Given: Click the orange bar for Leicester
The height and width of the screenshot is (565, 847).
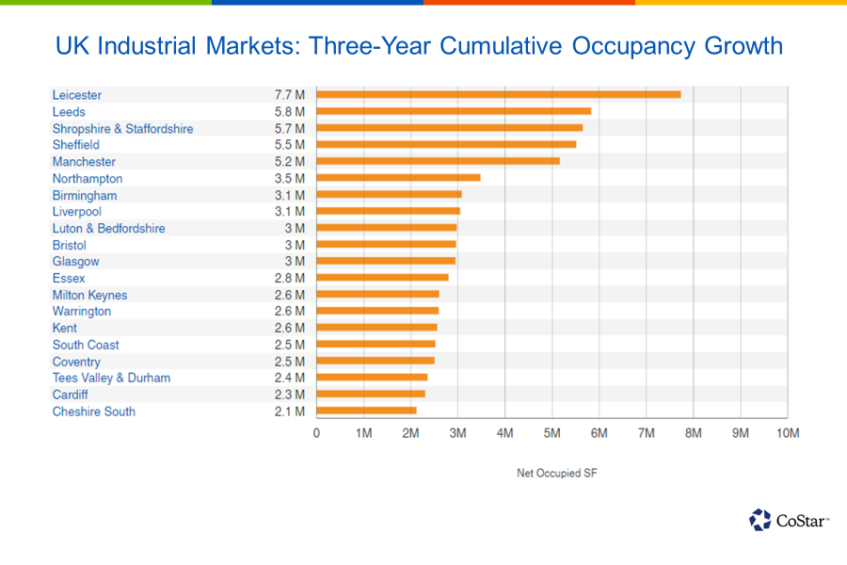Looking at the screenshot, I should point(499,94).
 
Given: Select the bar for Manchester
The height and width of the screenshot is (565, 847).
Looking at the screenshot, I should point(439,161).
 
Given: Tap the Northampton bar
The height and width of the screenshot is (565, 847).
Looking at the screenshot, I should point(398,178).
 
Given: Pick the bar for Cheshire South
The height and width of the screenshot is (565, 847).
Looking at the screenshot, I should point(366,411).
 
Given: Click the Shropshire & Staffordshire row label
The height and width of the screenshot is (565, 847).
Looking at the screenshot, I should point(122,128).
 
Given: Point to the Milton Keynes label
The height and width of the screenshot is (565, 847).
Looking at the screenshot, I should point(89,295).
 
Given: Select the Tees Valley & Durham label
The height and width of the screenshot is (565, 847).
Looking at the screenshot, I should point(111,378).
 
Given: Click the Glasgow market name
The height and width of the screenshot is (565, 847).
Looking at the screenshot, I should point(75,261).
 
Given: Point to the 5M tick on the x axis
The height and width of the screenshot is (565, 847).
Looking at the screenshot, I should point(551,433).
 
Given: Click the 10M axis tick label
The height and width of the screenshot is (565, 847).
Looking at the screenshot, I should point(787,433).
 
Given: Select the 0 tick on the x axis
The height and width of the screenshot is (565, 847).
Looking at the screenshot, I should point(316,433).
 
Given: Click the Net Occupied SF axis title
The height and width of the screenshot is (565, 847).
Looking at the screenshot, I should point(556,473).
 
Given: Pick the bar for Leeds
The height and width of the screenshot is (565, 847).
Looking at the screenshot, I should point(454,111).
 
